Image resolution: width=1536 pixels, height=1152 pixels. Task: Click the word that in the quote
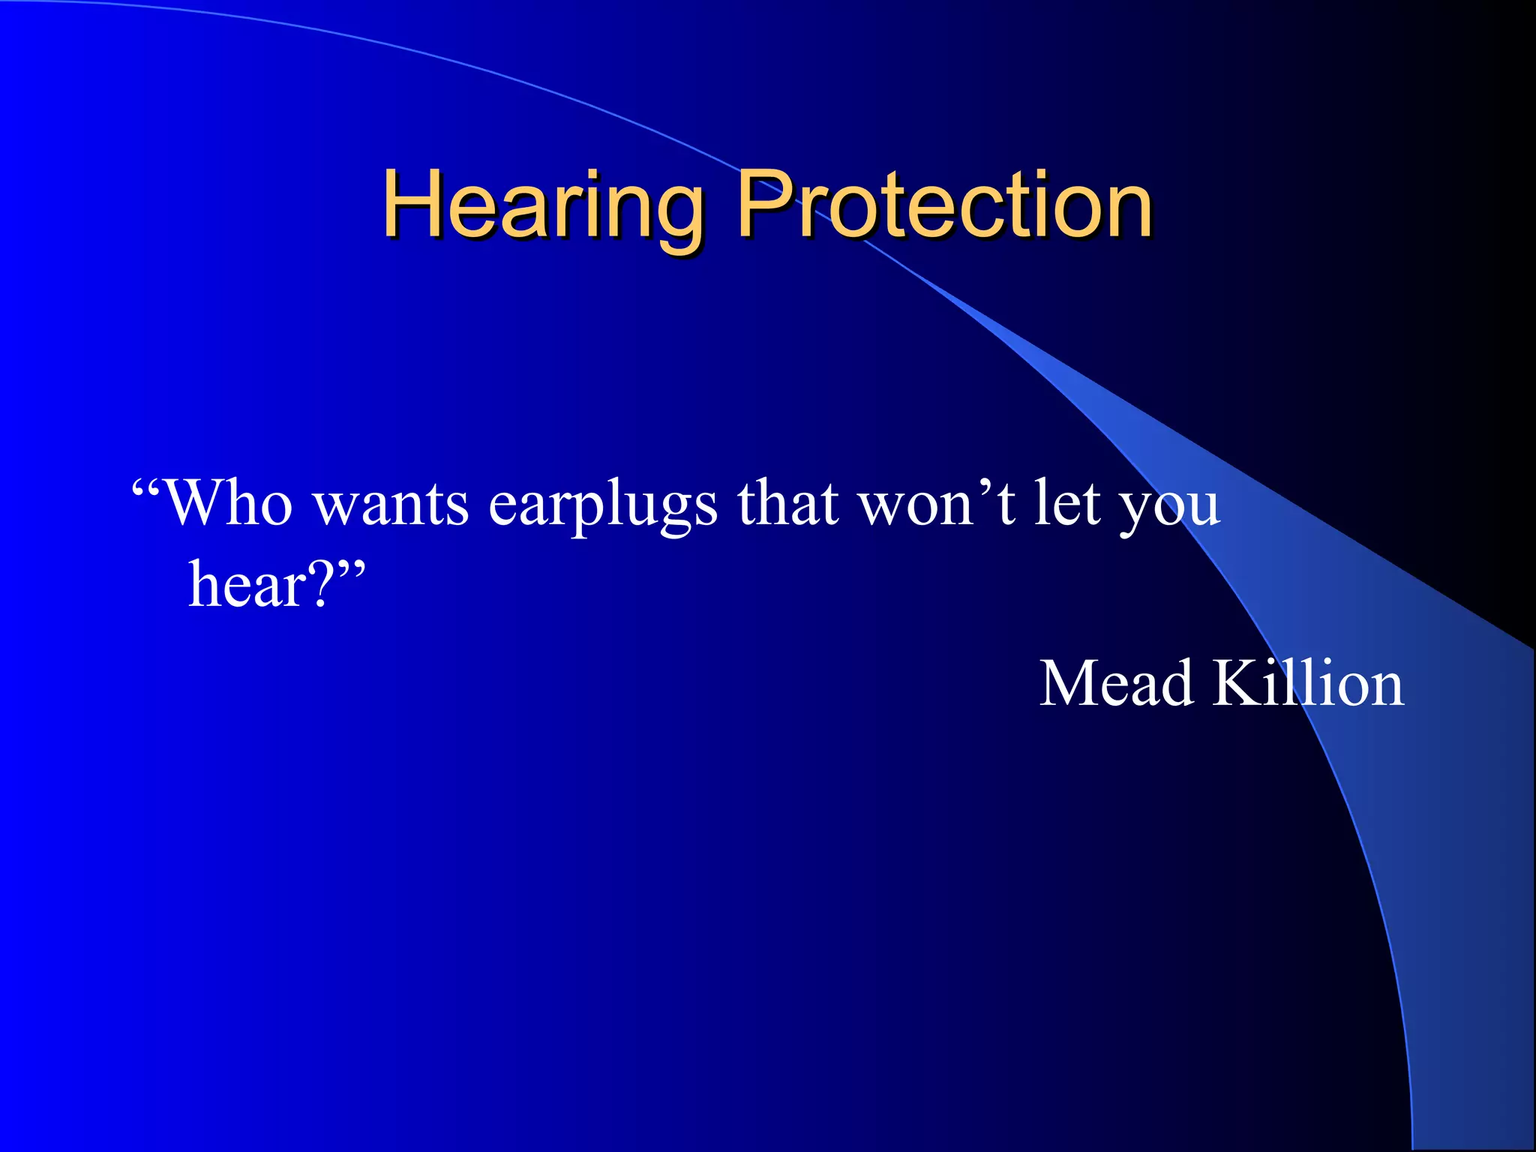coord(787,502)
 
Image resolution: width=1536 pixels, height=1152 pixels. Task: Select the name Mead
coord(1116,683)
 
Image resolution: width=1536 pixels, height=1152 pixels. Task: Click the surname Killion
coord(1308,683)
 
